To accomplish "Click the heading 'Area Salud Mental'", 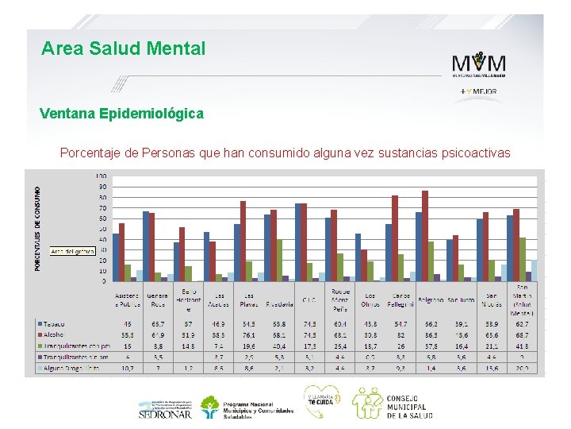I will (123, 49).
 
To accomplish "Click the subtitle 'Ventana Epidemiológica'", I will (121, 114).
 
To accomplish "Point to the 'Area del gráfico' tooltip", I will (72, 250).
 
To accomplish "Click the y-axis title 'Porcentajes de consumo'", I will (37, 229).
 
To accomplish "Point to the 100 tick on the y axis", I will (101, 176).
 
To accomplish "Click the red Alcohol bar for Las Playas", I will (243, 242).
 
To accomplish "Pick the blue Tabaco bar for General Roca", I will (146, 246).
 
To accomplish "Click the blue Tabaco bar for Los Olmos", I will (358, 257).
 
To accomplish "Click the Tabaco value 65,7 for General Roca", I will (158, 323).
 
